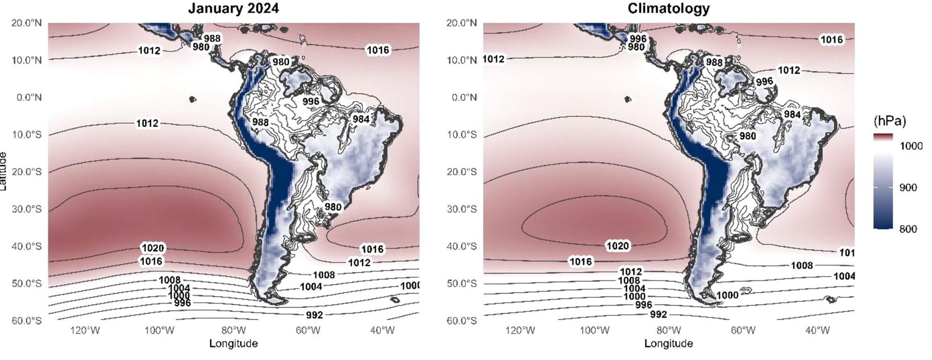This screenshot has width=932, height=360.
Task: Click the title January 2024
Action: point(233,9)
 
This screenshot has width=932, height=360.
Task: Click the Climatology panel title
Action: point(668,8)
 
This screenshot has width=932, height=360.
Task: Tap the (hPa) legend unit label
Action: point(889,121)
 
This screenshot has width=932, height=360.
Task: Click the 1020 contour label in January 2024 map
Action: point(153,248)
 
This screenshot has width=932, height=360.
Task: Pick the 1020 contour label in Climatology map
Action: point(617,245)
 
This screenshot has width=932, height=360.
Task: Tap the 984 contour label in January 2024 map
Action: point(361,119)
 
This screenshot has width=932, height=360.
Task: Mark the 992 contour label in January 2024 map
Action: point(315,315)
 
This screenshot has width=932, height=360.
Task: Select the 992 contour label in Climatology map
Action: point(658,314)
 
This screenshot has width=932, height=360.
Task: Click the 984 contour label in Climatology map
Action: point(792,115)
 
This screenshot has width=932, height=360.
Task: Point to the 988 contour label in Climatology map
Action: point(714,62)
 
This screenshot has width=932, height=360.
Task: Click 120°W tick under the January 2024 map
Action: point(85,331)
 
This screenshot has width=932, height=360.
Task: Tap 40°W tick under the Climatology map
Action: point(817,331)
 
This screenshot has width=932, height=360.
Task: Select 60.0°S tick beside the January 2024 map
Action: point(27,321)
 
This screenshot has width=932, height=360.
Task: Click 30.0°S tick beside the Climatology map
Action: point(462,209)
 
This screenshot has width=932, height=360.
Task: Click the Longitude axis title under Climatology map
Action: point(668,344)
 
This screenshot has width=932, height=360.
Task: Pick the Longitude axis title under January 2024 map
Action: point(233,344)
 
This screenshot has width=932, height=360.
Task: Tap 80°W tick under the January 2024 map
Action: point(233,331)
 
